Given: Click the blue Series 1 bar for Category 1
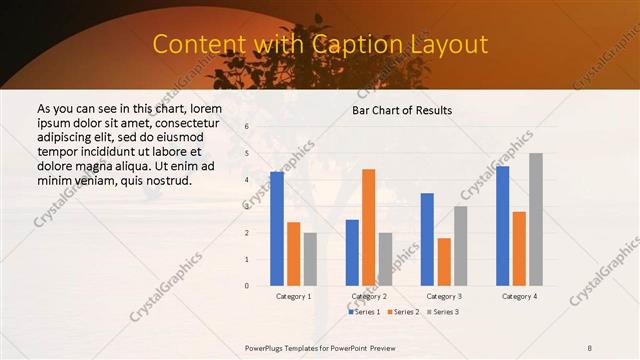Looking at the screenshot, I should (x=276, y=229).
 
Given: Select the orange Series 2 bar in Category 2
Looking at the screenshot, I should (x=368, y=228).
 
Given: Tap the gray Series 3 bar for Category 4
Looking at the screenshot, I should (x=536, y=219).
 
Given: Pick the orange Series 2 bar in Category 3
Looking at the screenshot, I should (x=444, y=262).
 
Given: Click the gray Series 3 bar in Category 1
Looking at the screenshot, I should (x=310, y=259).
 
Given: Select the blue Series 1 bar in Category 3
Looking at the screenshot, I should (x=427, y=239).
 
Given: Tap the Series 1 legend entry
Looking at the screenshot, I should (x=365, y=312).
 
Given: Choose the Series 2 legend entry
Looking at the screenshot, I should (x=402, y=312).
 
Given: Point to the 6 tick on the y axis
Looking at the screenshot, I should (x=247, y=127).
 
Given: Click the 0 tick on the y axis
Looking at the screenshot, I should (x=247, y=286).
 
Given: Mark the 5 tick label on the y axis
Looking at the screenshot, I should (x=247, y=153).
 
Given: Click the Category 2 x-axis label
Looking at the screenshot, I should (x=368, y=297).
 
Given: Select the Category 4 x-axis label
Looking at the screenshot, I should (x=519, y=297).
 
